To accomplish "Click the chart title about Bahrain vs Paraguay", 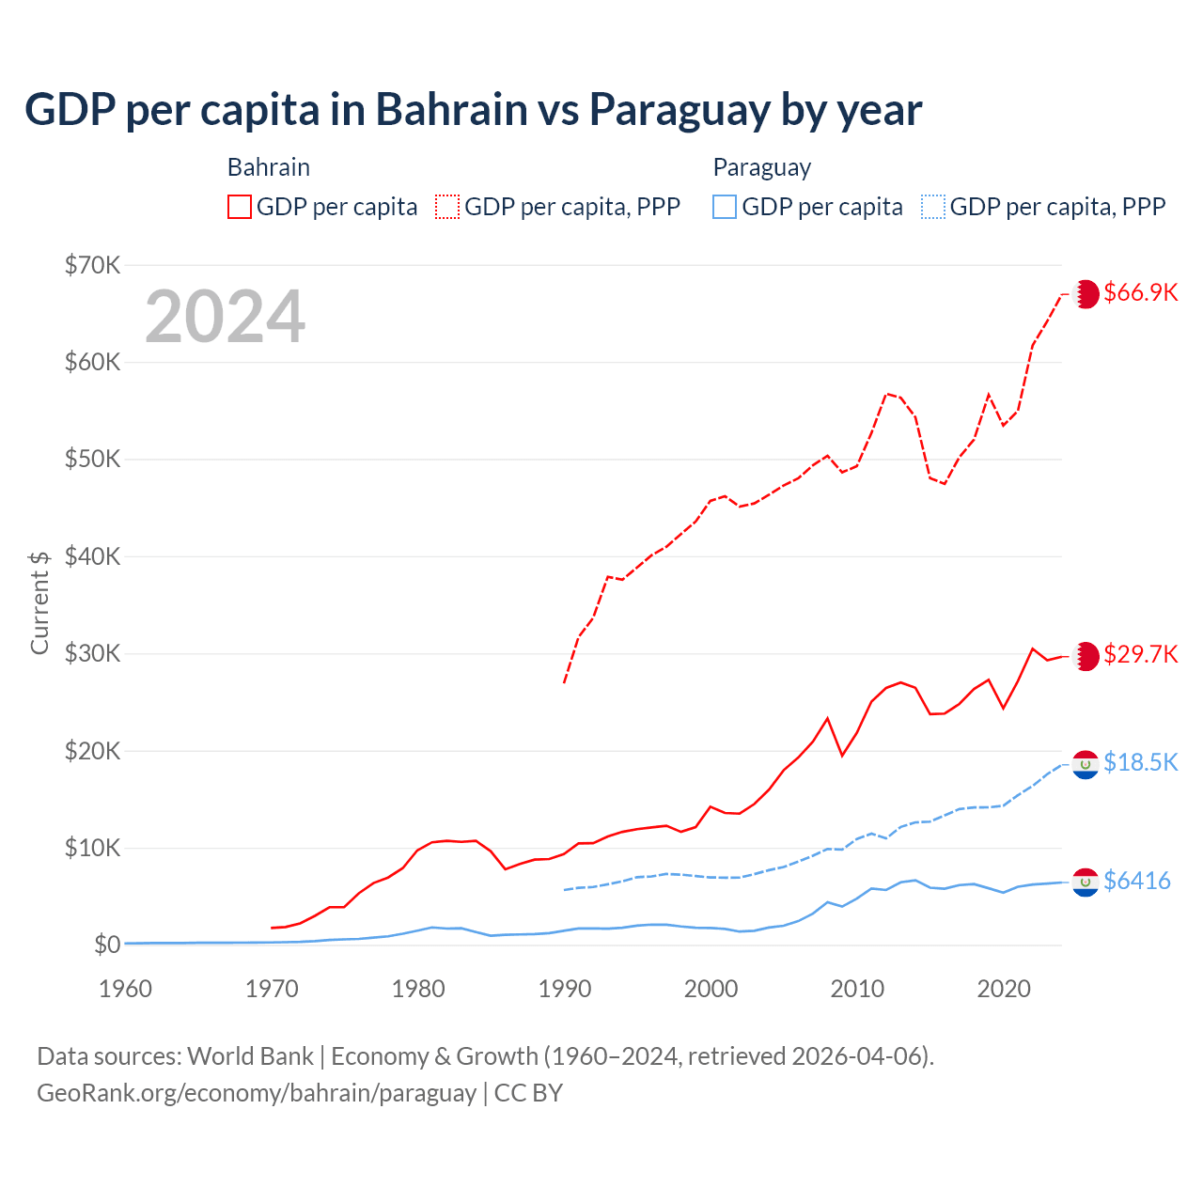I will pos(473,110).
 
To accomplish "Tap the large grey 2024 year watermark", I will pos(226,317).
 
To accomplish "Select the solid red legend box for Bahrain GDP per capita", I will pos(240,207).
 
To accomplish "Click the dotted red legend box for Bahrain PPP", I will pos(447,207).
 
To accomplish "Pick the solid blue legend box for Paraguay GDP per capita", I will pos(725,207).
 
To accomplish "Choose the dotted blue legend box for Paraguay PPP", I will pos(933,207).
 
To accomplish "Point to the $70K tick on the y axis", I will pos(93,265).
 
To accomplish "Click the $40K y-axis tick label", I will pos(93,556).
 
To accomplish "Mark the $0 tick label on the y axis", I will pos(107,945).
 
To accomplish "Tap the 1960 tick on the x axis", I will pos(126,989).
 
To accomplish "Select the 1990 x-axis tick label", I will pos(565,989).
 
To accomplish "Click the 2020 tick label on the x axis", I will pos(1004,989).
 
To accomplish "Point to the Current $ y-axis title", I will pos(39,602).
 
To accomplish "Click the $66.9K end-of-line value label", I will pos(1140,292).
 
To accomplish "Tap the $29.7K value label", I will pos(1140,654).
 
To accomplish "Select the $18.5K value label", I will pos(1140,762).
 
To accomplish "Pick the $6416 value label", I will pos(1136,881).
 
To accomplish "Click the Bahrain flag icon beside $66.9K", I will pos(1086,294).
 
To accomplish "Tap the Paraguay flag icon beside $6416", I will pos(1086,883).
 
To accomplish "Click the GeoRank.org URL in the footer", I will pos(257,1093).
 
